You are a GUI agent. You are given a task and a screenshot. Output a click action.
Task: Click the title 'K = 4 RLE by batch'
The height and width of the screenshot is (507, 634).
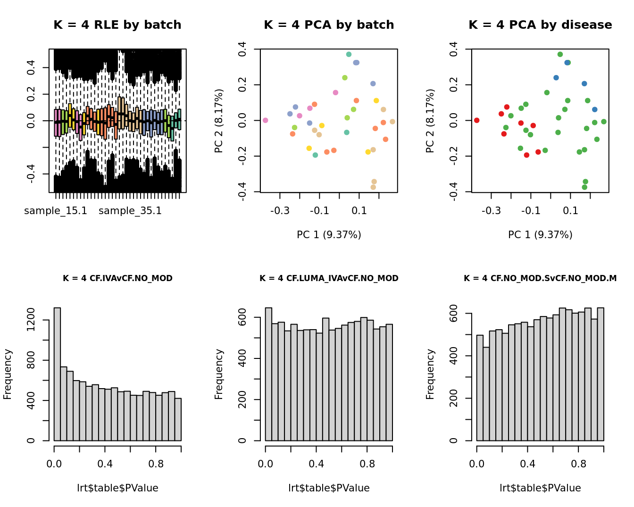coord(117,25)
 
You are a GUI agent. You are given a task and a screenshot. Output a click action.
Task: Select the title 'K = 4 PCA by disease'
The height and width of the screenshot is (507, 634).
coord(540,25)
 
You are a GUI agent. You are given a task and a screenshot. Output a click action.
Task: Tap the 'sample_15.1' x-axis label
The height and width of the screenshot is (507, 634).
coord(56,211)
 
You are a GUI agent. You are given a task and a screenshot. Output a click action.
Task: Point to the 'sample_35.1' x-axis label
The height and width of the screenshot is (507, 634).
coord(130,211)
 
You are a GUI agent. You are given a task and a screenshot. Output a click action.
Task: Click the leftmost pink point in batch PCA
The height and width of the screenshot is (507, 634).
coord(265,120)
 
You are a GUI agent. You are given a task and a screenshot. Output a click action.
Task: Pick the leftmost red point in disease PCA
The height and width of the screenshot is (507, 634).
coord(476,120)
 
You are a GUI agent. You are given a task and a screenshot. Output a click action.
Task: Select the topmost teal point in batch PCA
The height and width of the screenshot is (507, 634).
coord(349,54)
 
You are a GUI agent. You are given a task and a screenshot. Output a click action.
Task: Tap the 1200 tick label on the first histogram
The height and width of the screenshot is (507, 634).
coord(31,320)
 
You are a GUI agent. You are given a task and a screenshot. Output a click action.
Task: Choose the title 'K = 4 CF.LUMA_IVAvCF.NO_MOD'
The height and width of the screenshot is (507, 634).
coord(329,278)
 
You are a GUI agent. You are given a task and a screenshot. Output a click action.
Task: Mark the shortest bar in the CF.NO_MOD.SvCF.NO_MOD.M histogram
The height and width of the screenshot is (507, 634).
coord(486,394)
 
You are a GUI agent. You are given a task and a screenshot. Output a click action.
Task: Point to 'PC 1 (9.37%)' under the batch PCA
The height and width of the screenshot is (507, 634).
coord(329,234)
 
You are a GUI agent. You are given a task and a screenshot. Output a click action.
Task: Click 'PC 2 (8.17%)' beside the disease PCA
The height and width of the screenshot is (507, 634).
coord(430,121)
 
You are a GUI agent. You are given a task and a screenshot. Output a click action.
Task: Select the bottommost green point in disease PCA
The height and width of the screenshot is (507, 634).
coord(584,187)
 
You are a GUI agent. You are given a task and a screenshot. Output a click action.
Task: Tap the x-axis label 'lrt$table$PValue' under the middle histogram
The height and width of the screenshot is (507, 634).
coord(329,488)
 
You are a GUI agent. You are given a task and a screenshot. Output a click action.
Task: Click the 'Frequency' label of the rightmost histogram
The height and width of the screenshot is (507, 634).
coord(430,374)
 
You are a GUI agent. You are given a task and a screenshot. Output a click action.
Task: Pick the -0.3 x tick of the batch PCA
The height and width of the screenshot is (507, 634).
coord(280,210)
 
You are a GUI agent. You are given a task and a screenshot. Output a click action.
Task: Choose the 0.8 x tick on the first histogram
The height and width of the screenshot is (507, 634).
coord(156,464)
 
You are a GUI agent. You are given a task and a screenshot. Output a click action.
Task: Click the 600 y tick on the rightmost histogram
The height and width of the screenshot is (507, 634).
coord(454,314)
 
